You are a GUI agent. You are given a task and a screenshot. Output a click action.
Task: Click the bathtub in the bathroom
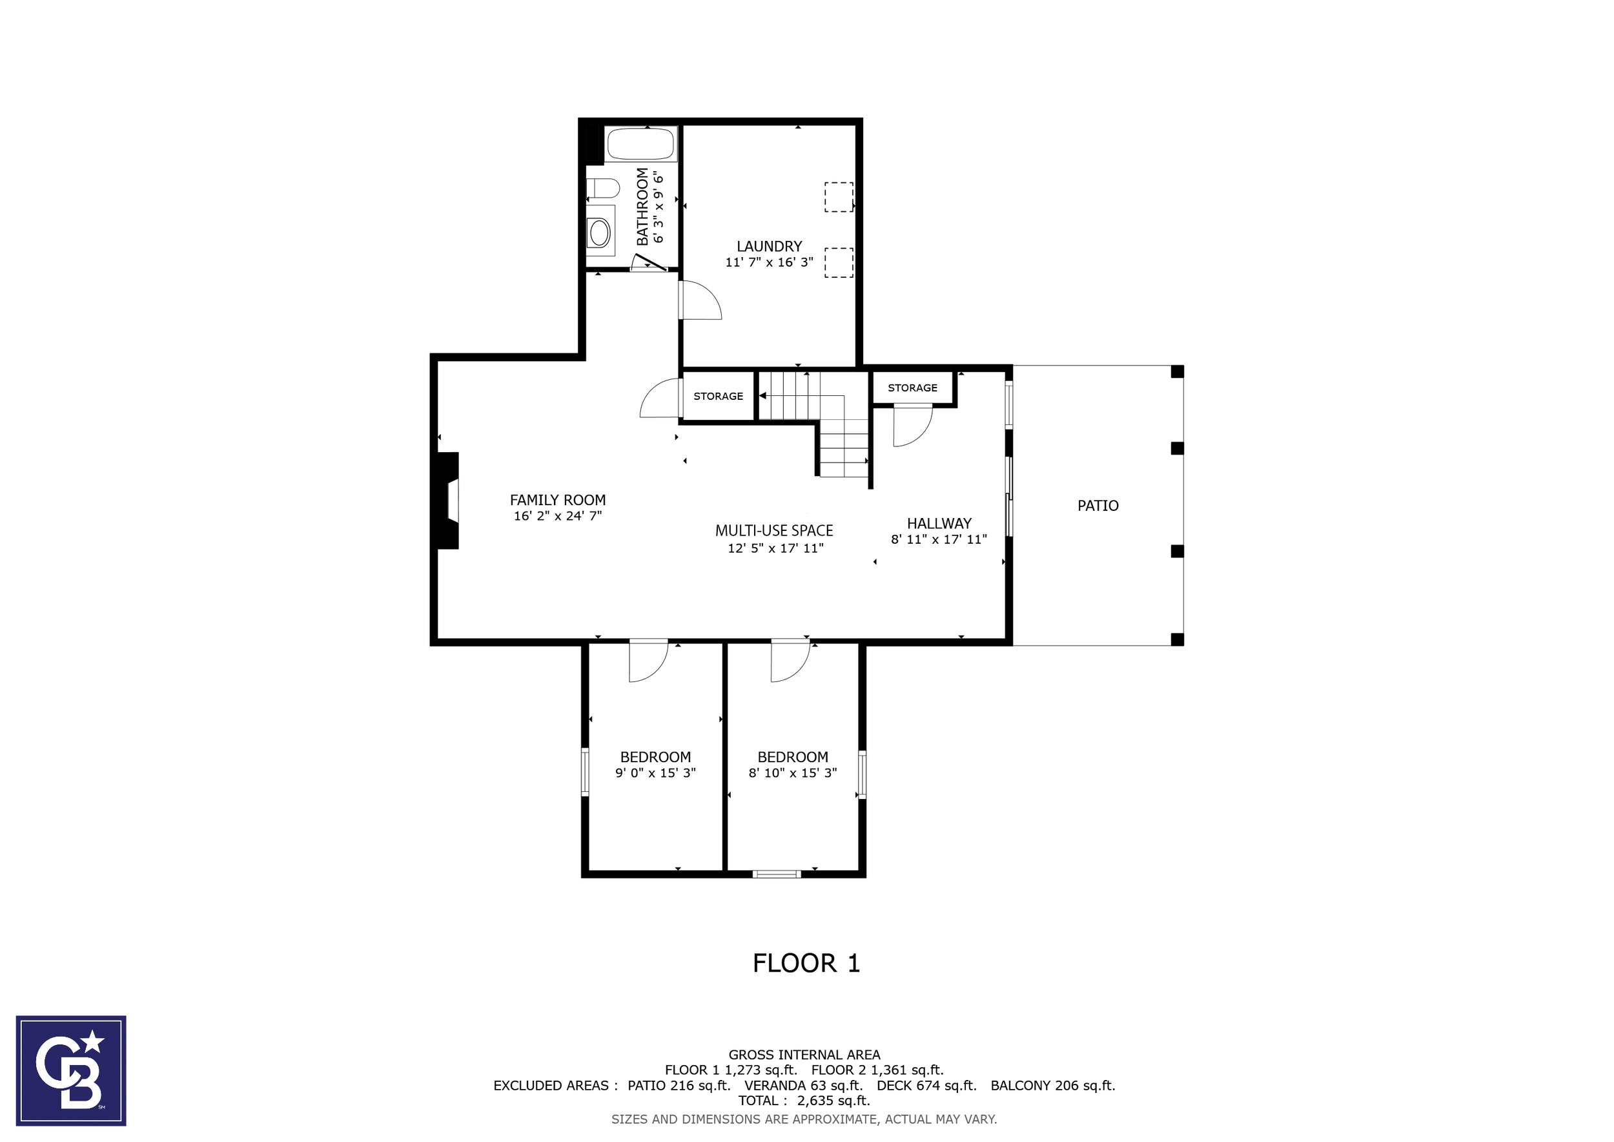pos(640,144)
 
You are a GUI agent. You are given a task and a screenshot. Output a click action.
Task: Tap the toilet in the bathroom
pos(603,189)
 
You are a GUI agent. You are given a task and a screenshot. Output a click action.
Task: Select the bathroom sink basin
pos(600,231)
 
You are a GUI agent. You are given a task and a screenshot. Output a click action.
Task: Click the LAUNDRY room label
pos(769,246)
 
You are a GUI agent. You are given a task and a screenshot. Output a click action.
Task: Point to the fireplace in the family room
pos(448,500)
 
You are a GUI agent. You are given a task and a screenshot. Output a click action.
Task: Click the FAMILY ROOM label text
pos(557,500)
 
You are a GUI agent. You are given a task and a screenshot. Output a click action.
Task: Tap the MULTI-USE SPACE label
pos(774,530)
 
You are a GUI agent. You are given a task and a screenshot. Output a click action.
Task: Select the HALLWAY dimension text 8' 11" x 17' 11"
pos(939,539)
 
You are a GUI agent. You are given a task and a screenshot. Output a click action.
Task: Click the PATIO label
pos(1098,505)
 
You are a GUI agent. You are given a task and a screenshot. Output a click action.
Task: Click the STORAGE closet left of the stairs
pos(718,396)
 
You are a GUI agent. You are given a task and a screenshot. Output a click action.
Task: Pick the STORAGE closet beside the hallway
pos(912,388)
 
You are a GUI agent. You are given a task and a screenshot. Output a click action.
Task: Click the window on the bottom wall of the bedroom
pos(777,874)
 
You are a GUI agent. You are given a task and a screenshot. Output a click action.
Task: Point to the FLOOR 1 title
pos(806,962)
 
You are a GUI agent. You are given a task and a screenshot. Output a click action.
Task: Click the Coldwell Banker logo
pos(71,1071)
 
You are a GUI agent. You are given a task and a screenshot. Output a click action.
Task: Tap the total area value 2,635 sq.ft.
pos(833,1101)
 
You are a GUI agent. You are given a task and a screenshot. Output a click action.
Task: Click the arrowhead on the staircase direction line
pos(762,396)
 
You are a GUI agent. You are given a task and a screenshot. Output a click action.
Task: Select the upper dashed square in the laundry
pos(839,197)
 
